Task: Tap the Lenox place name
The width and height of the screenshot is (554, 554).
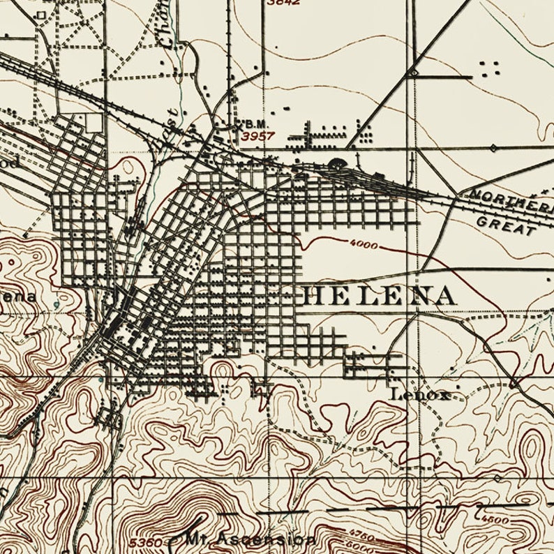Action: click(419, 394)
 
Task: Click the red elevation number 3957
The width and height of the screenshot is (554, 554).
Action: click(257, 137)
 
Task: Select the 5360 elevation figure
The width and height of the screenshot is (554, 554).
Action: click(145, 542)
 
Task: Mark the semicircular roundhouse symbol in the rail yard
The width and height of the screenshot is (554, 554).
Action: click(337, 165)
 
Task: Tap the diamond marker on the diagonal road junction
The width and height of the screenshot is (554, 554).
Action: click(414, 72)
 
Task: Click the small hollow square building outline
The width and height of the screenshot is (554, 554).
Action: click(42, 14)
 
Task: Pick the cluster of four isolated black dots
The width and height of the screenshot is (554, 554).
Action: click(491, 68)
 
